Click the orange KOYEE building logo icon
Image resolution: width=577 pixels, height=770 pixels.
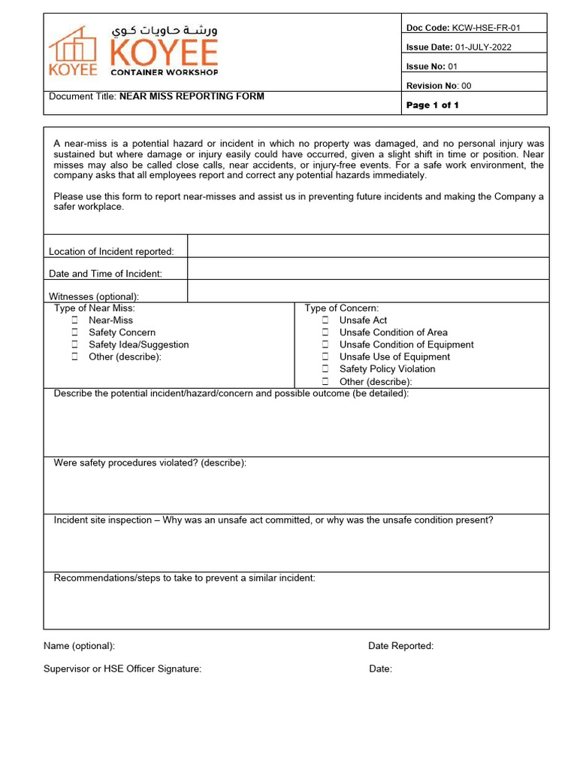coord(73,46)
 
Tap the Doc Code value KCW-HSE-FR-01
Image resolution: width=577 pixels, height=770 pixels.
coord(486,28)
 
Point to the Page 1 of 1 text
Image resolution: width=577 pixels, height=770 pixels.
coord(432,105)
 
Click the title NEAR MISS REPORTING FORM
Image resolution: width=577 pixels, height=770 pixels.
coord(192,96)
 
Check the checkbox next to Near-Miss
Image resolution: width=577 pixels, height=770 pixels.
coord(75,320)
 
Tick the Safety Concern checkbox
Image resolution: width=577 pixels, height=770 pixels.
coord(75,332)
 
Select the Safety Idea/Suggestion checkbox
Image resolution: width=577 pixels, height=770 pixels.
coord(75,344)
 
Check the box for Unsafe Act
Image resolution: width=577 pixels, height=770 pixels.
coord(325,320)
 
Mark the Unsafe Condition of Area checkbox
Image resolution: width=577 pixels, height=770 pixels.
coord(325,332)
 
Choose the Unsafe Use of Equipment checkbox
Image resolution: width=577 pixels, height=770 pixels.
coord(325,357)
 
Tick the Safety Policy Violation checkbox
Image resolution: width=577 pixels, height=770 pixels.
coord(325,369)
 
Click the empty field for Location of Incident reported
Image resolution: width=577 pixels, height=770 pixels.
coord(368,247)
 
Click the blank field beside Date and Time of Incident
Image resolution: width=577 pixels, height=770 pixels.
coord(368,269)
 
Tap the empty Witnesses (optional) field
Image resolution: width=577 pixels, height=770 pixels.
coord(368,291)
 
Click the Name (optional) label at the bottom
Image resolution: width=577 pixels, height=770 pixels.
coord(79,646)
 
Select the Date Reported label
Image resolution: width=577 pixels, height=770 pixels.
coord(400,646)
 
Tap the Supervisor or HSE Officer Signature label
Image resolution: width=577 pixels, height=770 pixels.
coord(122,669)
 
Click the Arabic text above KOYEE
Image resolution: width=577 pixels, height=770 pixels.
coord(165,31)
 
